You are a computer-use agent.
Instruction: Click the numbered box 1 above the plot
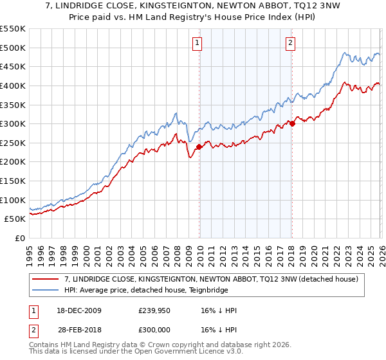197,43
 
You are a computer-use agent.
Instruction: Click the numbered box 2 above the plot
290,43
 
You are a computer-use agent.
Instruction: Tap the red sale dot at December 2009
199,147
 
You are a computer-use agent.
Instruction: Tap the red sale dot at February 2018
292,123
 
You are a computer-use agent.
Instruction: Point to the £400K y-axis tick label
13,85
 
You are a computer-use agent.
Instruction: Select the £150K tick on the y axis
13,181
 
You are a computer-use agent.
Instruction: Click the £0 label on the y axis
19,239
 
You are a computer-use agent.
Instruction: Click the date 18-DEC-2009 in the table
79,310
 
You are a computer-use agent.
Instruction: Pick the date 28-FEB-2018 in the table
79,330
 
